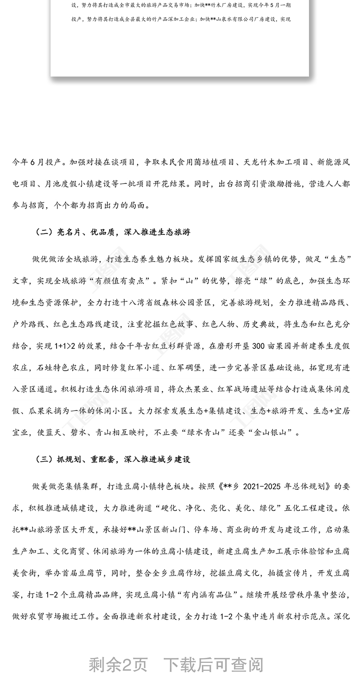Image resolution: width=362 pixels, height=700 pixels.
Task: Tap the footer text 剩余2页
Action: click(118, 665)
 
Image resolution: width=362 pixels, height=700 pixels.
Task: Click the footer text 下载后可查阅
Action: click(213, 665)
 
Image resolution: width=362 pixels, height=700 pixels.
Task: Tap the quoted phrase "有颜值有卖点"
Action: click(121, 281)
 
